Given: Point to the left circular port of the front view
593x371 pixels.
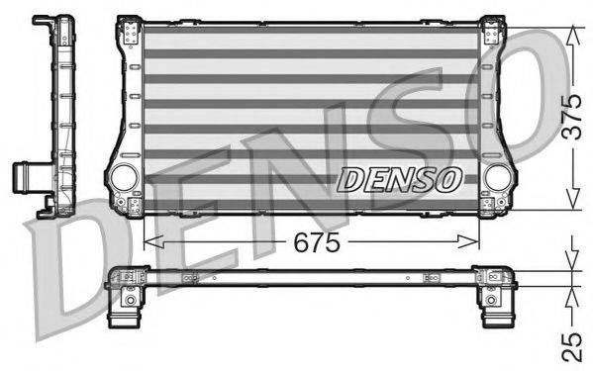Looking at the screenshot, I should [125, 178].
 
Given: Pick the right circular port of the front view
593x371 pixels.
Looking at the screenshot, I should [498, 178].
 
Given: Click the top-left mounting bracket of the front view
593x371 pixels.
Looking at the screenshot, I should [130, 32].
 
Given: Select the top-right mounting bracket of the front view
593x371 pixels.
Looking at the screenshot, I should [492, 32].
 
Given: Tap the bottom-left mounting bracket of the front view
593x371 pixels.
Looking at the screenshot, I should [130, 205].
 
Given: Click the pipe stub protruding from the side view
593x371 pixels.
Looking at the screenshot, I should [22, 178].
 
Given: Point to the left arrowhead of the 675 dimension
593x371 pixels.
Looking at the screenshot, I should [149, 241].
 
